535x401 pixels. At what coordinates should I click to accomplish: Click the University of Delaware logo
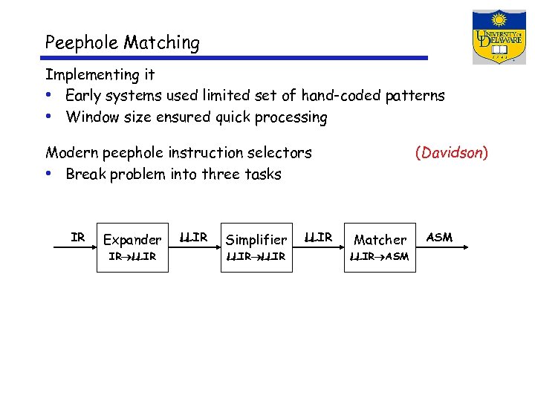(x=499, y=37)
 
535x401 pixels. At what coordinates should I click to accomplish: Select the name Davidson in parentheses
(x=451, y=153)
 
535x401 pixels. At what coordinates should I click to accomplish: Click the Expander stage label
(x=132, y=240)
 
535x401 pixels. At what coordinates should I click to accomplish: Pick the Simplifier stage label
(x=256, y=240)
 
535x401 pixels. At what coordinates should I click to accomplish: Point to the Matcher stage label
(x=380, y=240)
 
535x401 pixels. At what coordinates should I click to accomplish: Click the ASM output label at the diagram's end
(x=440, y=238)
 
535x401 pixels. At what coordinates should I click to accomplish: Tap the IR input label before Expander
(x=78, y=238)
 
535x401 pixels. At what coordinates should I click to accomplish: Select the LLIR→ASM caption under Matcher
(x=379, y=257)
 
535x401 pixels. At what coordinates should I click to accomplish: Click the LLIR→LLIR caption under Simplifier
(x=256, y=257)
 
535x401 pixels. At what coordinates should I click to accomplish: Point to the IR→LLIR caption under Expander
(x=132, y=257)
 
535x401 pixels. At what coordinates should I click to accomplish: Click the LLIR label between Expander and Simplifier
(x=194, y=238)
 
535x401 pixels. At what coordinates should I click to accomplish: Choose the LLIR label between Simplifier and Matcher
(x=319, y=238)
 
